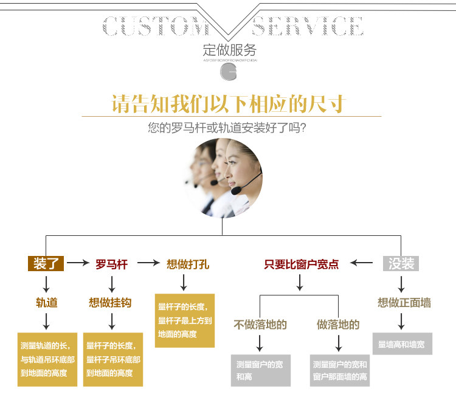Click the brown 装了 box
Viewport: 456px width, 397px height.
coord(46,263)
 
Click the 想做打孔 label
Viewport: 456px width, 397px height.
coord(188,264)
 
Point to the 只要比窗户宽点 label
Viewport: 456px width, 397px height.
coord(301,264)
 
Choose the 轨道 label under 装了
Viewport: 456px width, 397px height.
coord(46,302)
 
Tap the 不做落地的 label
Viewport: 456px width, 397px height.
coord(260,325)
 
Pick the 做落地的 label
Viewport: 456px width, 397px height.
coord(338,325)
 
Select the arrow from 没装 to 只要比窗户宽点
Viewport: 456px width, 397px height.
coord(362,263)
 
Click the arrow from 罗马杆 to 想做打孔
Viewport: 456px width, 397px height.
coord(148,263)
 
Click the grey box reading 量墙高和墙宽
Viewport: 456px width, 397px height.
coord(402,345)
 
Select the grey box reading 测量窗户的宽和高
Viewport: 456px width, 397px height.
coord(260,370)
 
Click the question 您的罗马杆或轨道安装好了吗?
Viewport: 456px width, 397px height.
coord(226,128)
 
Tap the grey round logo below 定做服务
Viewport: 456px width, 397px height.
coord(229,72)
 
